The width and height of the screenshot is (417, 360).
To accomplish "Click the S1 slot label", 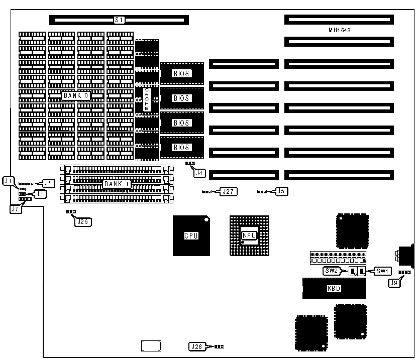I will (119, 20).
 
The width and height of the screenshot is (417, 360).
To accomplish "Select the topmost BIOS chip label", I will (181, 73).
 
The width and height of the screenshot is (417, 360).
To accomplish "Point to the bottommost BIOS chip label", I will (181, 148).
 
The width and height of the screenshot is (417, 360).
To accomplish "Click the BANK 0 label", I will (76, 95).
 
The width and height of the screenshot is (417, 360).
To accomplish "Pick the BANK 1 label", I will (117, 184).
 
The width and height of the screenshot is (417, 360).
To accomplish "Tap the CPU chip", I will (191, 235).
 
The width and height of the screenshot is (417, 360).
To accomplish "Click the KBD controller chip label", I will (334, 289).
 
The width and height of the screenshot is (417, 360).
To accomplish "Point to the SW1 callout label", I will (383, 271).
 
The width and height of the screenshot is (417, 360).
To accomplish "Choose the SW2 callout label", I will (331, 271).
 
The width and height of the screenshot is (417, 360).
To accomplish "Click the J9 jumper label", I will (394, 282).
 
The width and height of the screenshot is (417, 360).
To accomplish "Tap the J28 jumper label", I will (196, 346).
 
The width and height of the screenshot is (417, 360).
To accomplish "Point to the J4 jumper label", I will (200, 173).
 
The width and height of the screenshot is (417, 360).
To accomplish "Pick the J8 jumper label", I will (49, 183).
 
